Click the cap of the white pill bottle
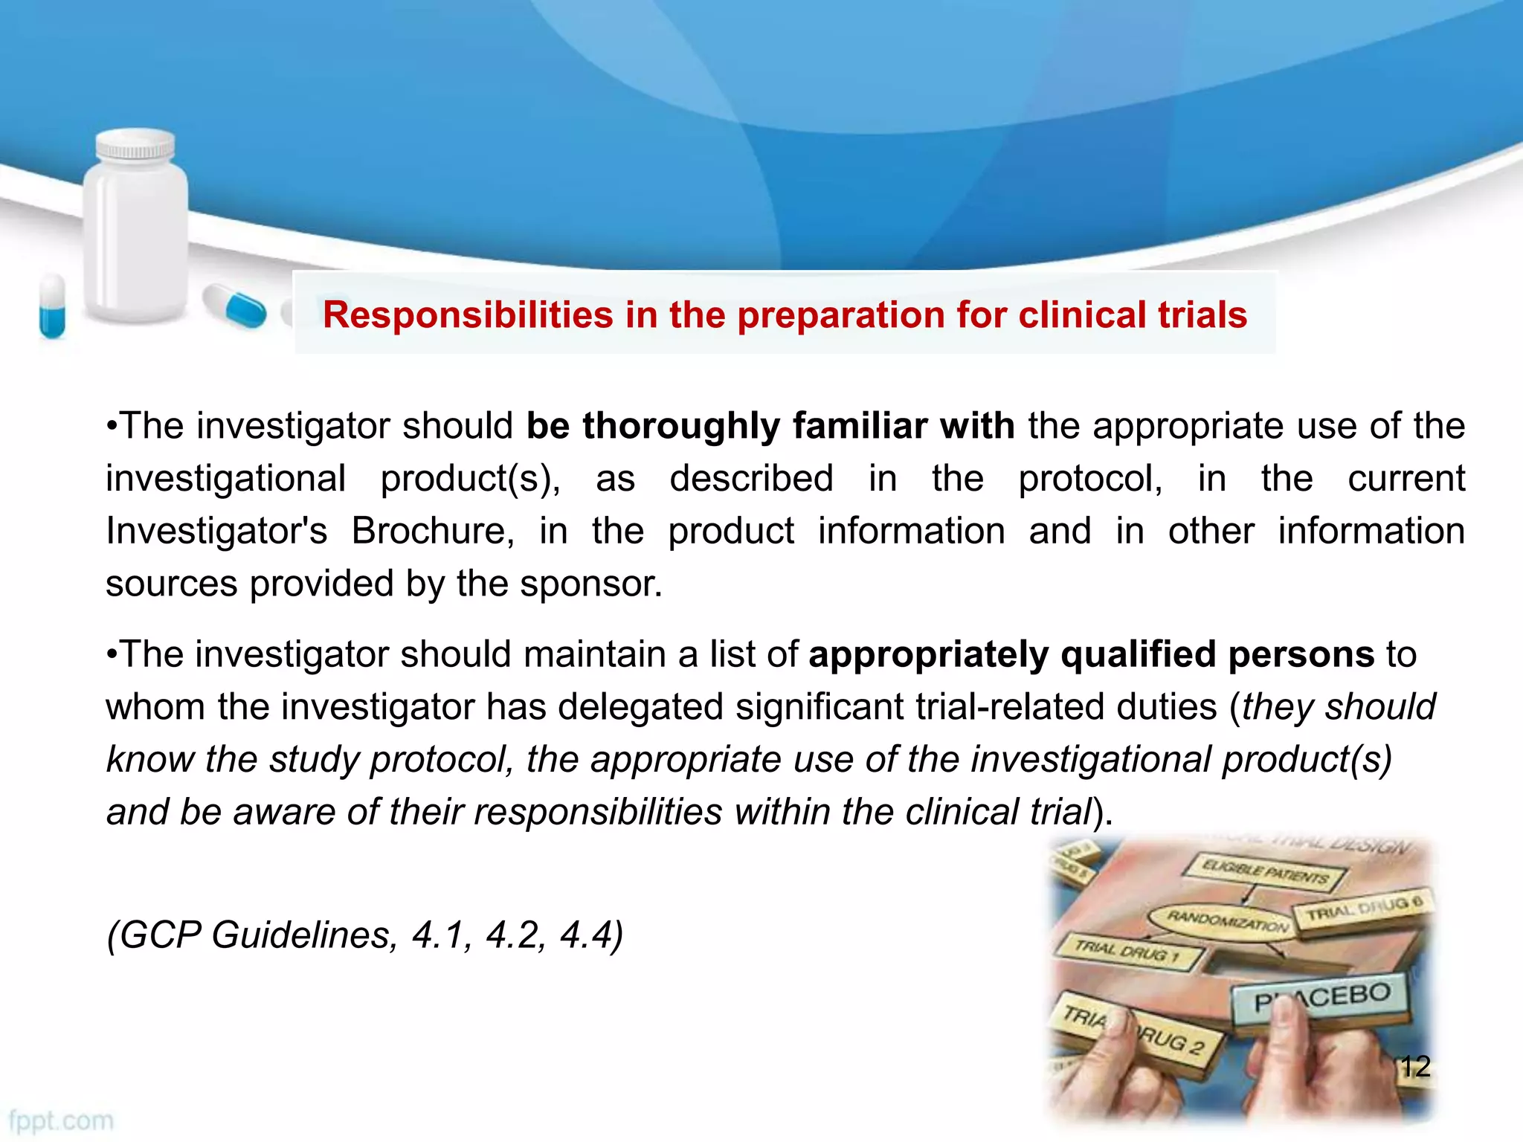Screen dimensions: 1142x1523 (x=136, y=145)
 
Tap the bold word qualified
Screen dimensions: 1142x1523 (x=1138, y=655)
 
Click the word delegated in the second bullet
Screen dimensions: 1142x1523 (x=640, y=707)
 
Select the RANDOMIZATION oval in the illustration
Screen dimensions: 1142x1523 (x=1227, y=920)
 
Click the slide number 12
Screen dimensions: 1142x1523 (x=1414, y=1067)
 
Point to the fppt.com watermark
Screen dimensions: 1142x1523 (x=61, y=1120)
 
